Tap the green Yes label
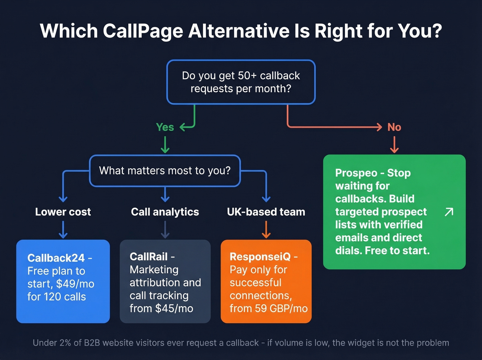(165, 127)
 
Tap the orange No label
(394, 127)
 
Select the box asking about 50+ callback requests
(241, 82)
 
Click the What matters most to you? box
(165, 171)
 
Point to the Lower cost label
(63, 212)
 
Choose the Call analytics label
(165, 212)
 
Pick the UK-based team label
(266, 212)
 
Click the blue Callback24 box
(63, 281)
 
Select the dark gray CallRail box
(165, 281)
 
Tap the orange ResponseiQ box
(266, 281)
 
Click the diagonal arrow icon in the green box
(449, 212)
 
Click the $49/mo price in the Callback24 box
(75, 284)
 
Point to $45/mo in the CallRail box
(174, 308)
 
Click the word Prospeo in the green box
(356, 173)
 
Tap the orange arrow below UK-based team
(266, 230)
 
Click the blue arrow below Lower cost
(63, 230)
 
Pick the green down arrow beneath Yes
(165, 145)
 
